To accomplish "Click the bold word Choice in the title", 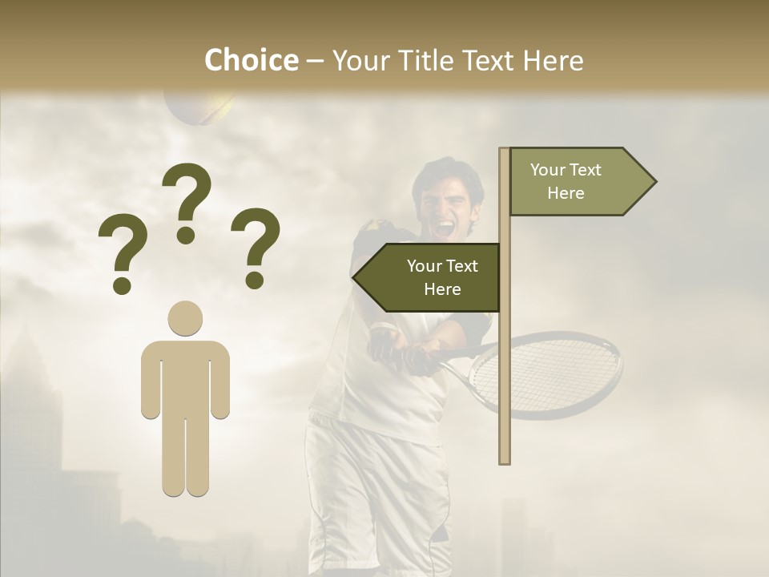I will (x=251, y=60).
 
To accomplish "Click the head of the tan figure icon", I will (x=185, y=318).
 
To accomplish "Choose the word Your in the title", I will (x=359, y=60).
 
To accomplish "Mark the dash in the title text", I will (x=315, y=61).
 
